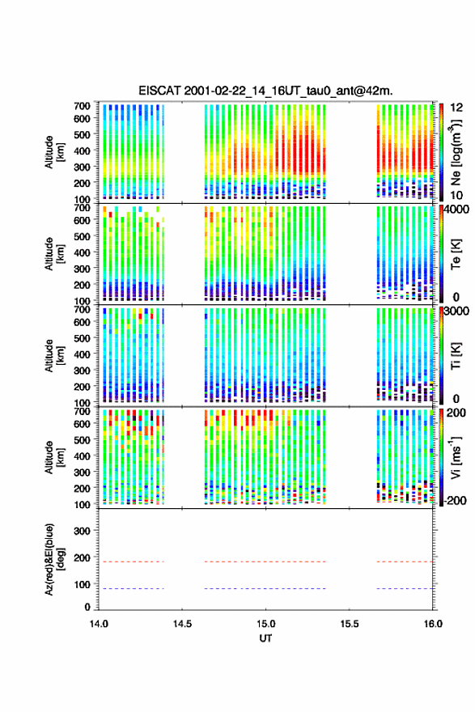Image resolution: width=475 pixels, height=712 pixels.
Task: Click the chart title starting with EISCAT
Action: pos(265,91)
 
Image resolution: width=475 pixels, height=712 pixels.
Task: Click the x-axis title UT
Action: pos(265,638)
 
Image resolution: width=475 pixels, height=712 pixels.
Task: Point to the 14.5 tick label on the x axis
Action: pos(182,624)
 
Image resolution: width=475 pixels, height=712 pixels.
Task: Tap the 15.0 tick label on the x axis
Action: pos(265,624)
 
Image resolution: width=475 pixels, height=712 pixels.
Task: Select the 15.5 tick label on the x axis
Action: pos(350,624)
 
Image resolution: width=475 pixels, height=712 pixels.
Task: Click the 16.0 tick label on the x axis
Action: pos(433,624)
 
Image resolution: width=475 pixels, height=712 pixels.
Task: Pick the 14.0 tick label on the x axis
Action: pos(99,624)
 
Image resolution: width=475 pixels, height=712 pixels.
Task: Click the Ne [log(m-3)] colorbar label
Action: pos(456,152)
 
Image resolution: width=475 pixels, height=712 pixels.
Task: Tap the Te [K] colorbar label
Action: pos(456,254)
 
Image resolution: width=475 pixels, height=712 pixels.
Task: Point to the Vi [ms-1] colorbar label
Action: pos(456,457)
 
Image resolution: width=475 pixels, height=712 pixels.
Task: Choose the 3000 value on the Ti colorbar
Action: pos(457,311)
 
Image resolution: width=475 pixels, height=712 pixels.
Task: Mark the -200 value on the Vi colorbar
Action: pos(456,500)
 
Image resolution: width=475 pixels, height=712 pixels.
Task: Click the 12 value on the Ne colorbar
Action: pos(456,108)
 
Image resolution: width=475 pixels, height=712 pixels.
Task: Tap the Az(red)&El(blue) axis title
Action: pos(54,559)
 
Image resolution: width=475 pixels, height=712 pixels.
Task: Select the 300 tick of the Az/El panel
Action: pos(82,531)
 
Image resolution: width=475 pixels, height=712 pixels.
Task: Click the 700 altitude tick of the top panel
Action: pos(82,106)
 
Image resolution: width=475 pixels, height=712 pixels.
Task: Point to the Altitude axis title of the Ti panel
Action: pos(54,355)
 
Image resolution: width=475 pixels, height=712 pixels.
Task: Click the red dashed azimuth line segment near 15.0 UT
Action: pos(265,562)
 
